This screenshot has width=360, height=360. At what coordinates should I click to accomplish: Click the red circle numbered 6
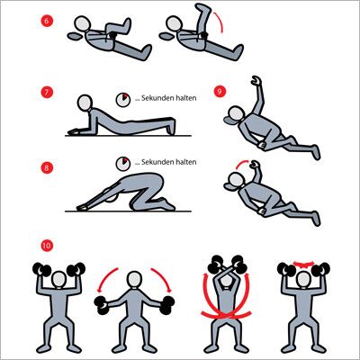click(47, 21)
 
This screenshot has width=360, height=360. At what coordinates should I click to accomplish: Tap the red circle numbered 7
click(47, 92)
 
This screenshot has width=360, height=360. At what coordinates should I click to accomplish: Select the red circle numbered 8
click(47, 167)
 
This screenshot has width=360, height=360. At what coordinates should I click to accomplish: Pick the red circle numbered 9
click(220, 91)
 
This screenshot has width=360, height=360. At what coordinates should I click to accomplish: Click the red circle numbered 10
click(47, 246)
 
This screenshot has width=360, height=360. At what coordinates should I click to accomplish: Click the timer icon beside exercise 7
click(123, 100)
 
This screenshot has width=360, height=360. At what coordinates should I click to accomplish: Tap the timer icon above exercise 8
click(123, 164)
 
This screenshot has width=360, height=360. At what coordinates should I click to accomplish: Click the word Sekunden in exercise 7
click(157, 98)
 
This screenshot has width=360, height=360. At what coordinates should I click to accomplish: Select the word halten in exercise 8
click(185, 162)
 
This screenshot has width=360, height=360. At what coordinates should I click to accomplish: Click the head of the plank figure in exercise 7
click(85, 103)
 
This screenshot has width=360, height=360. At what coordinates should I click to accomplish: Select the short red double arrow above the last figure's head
click(303, 264)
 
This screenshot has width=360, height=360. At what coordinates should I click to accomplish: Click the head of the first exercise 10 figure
click(58, 280)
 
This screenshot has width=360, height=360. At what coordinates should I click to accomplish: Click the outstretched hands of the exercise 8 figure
click(82, 208)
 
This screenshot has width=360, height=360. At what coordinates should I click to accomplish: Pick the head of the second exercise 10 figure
click(134, 280)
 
